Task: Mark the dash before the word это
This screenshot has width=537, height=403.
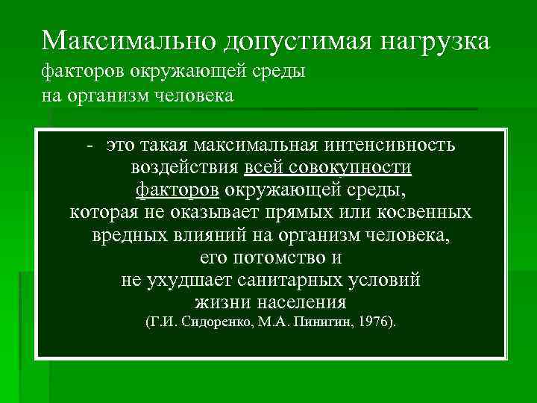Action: [89, 145]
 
